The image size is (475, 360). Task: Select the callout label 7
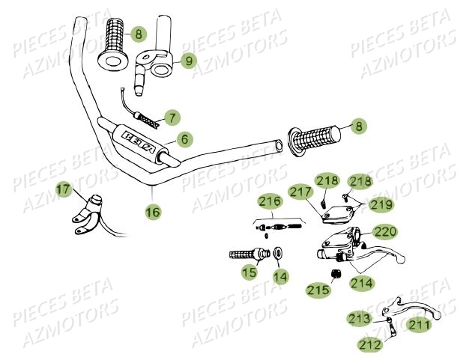(172, 118)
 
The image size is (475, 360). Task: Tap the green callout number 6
(184, 138)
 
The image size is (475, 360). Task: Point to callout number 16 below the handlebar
(152, 212)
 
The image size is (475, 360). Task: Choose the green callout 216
(270, 201)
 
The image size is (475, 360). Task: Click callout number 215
(317, 288)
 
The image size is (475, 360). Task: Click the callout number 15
(249, 273)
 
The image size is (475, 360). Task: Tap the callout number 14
(279, 276)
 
